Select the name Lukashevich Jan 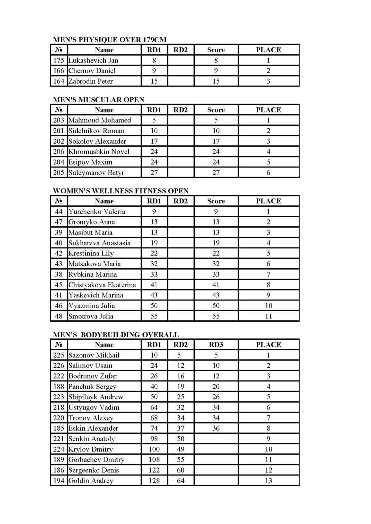(x=93, y=60)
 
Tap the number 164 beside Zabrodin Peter (x=59, y=81)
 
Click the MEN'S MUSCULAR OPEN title (x=98, y=100)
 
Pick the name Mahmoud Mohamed (x=100, y=120)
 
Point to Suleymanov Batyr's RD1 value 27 (x=154, y=172)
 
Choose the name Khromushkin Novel (x=99, y=152)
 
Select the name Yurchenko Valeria (x=97, y=212)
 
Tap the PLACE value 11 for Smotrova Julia (x=268, y=316)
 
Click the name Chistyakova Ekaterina (x=102, y=285)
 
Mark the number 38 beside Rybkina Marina (x=59, y=274)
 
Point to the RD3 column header (x=216, y=345)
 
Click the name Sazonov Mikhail (x=94, y=355)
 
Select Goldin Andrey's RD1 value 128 (x=154, y=481)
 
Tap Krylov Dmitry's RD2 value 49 (x=181, y=449)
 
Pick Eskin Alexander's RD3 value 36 (x=216, y=428)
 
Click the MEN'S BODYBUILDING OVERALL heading (x=116, y=335)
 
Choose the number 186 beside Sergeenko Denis (x=59, y=470)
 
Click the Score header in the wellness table (x=216, y=201)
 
